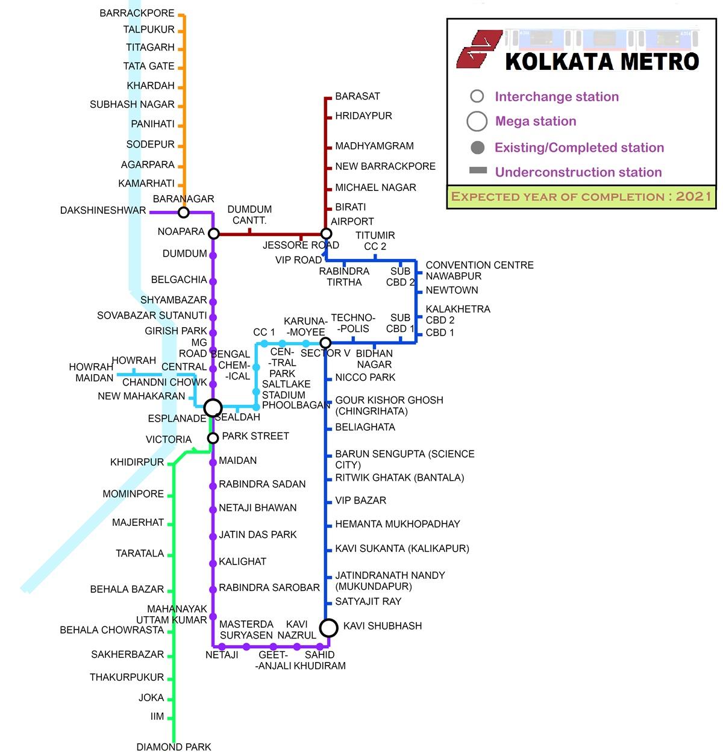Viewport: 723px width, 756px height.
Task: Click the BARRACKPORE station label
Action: coord(137,13)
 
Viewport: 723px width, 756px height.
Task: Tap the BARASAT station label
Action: coord(357,96)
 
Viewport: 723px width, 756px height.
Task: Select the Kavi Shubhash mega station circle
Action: coord(328,628)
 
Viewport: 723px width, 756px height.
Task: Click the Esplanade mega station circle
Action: coord(213,408)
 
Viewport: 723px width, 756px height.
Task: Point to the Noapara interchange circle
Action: coord(213,233)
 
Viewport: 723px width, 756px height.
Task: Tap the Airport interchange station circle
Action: coord(326,233)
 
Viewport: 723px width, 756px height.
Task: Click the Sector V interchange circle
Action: coord(325,343)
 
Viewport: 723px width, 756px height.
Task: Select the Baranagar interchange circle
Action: coord(184,212)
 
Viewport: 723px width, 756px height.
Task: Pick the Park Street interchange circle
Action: coord(213,438)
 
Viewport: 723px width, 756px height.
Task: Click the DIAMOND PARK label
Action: coord(174,747)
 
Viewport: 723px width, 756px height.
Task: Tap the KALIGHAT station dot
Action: coord(213,563)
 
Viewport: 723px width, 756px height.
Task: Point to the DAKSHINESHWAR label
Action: coord(103,210)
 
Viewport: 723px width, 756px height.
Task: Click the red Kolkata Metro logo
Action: coord(478,49)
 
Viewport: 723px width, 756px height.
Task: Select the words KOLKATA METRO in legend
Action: coord(601,61)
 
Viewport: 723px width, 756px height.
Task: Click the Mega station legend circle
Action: coord(477,121)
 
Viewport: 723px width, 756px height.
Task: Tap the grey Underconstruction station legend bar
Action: coord(478,171)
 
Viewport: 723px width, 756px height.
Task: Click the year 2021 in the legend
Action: coord(693,196)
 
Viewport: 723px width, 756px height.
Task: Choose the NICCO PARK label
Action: coord(365,378)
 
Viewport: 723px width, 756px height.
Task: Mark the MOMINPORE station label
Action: coord(133,494)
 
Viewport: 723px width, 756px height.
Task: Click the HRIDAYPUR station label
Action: coord(363,116)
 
